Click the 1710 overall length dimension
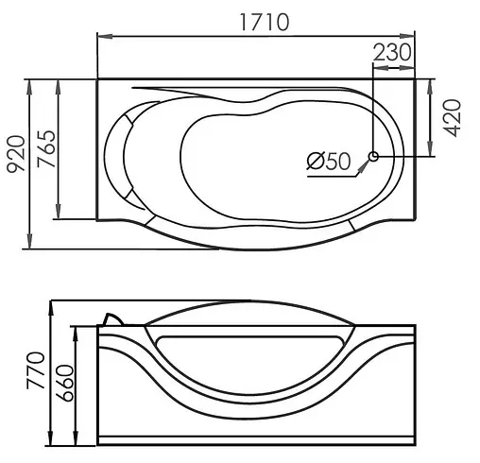(x=264, y=22)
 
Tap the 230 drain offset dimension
(x=392, y=52)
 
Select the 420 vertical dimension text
(x=452, y=118)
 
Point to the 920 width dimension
(x=16, y=154)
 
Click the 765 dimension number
(x=46, y=148)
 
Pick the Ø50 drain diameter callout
(x=329, y=161)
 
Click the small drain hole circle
(x=373, y=156)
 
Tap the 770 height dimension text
(x=36, y=370)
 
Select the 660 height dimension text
(x=64, y=383)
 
